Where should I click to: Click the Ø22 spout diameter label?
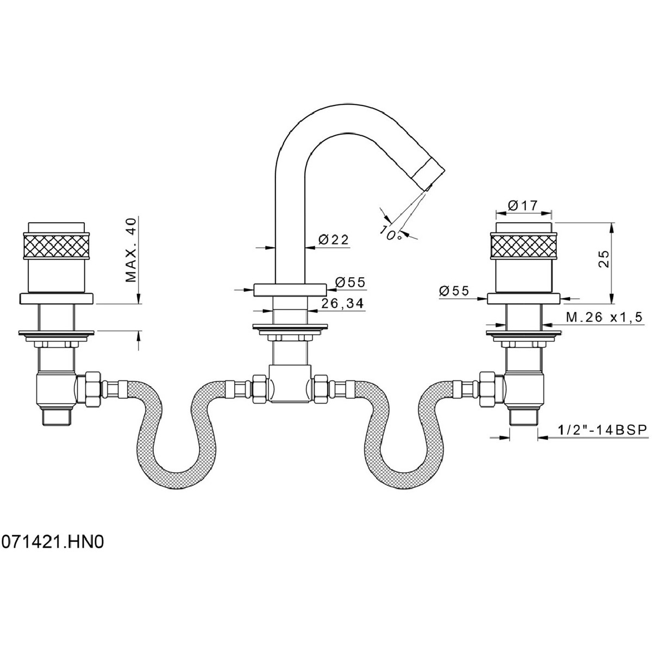(333, 240)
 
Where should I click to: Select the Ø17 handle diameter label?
(522, 205)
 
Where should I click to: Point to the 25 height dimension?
(604, 259)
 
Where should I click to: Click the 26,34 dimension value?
(342, 304)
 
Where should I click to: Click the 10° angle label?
(391, 233)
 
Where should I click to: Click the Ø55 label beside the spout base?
(350, 282)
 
